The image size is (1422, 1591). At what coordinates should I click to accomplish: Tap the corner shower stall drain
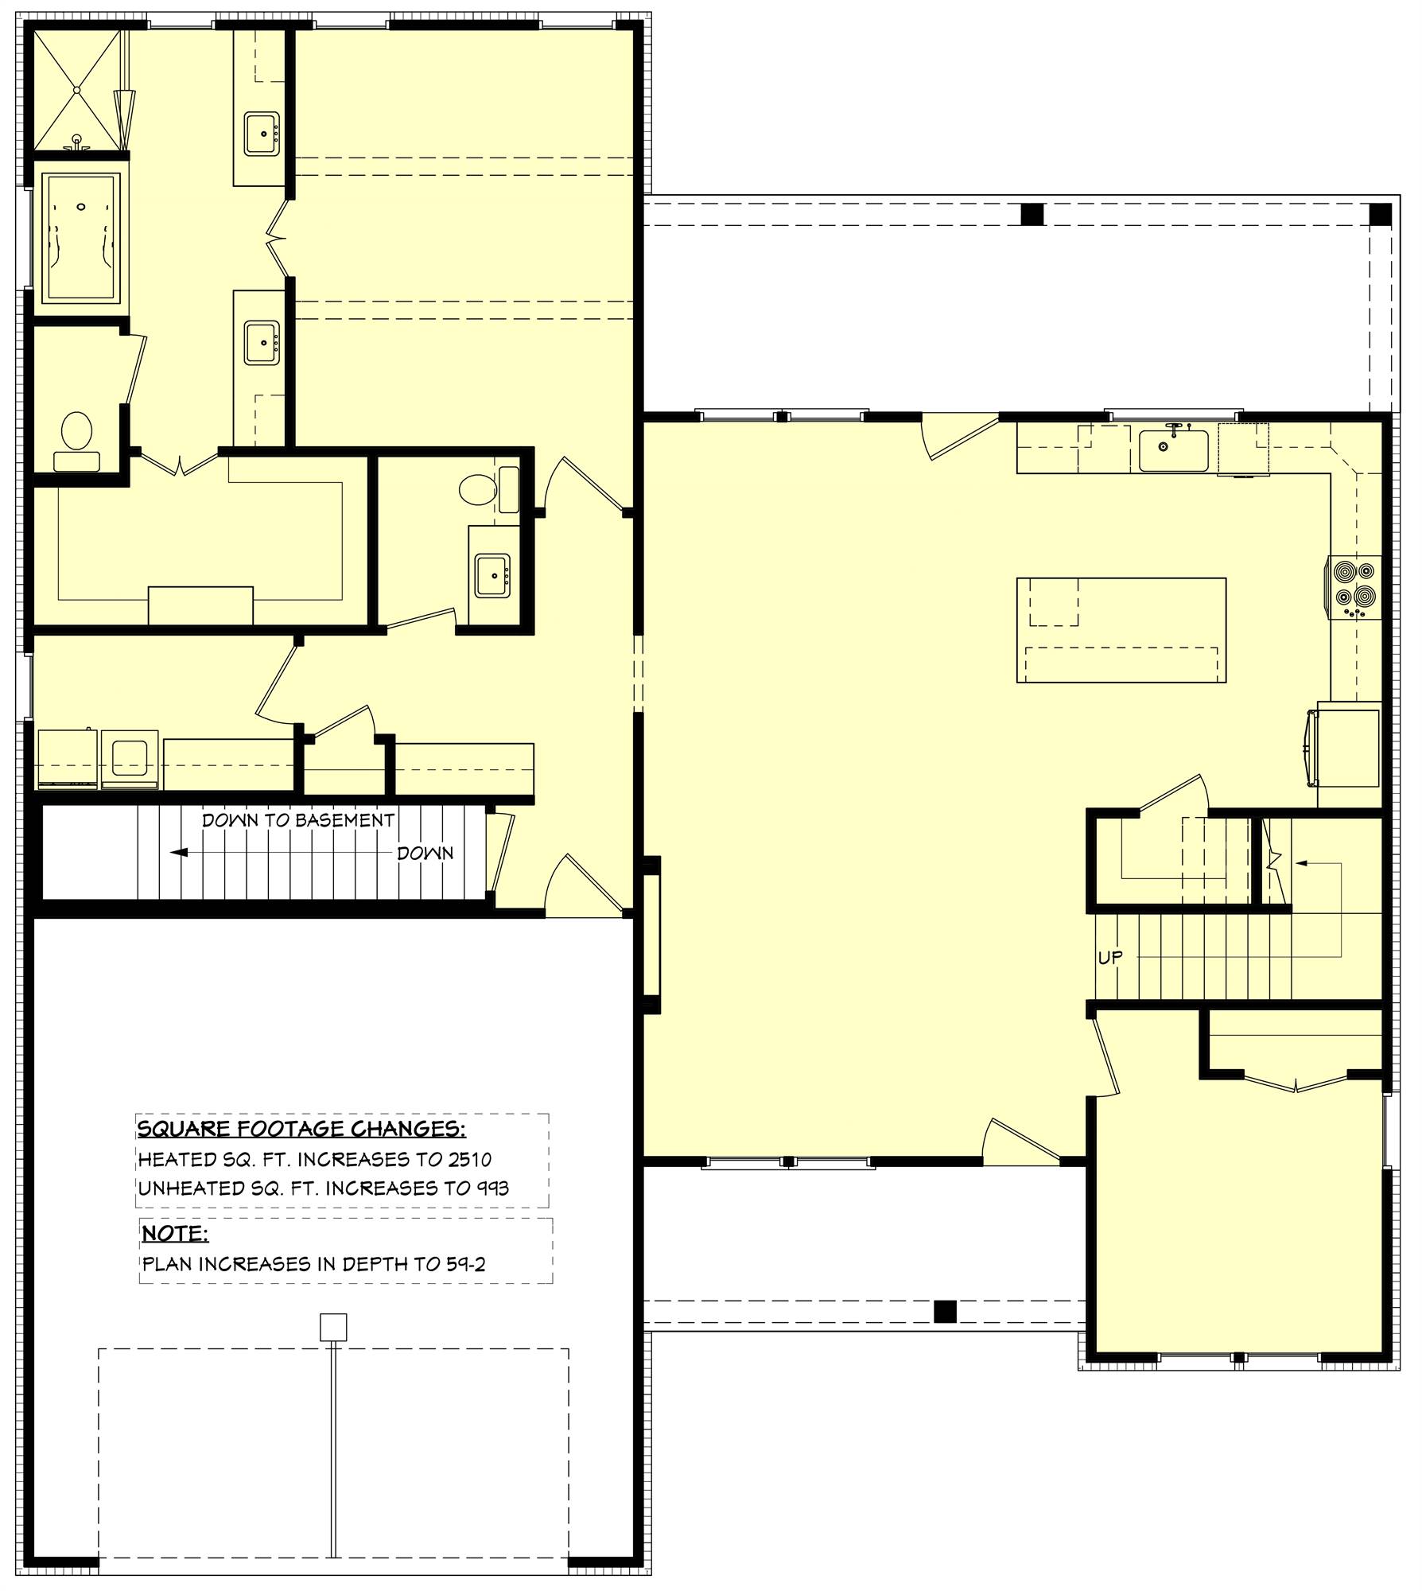77,90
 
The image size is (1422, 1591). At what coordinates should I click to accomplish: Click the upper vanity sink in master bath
262,134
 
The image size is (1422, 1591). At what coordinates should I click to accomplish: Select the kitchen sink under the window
1173,450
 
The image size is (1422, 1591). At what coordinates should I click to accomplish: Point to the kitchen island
1121,629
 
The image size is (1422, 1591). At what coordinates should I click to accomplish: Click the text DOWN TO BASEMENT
298,820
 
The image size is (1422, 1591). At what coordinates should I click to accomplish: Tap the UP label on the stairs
1110,958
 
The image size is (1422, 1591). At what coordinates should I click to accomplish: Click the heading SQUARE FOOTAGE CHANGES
301,1129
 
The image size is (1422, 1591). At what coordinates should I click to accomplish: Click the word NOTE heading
175,1234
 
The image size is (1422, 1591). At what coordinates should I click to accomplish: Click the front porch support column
944,1309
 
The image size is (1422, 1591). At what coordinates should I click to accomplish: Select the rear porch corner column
1380,214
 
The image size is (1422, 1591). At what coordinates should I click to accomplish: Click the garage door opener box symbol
333,1327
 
